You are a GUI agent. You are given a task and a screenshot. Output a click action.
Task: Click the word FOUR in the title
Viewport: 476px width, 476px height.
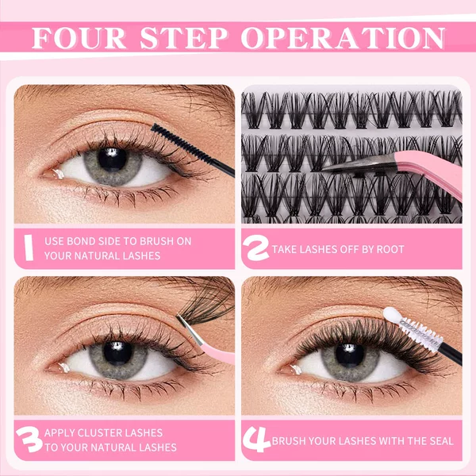pyautogui.click(x=79, y=38)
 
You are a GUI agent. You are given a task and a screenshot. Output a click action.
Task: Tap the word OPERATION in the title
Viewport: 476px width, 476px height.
pyautogui.click(x=344, y=38)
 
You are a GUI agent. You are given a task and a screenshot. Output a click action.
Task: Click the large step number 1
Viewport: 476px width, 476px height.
pyautogui.click(x=29, y=248)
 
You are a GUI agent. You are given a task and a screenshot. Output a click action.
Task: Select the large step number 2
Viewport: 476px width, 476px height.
pyautogui.click(x=256, y=248)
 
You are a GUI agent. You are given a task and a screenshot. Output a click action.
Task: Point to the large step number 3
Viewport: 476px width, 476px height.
pyautogui.click(x=29, y=440)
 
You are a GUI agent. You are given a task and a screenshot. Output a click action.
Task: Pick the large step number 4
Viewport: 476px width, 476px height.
pyautogui.click(x=256, y=440)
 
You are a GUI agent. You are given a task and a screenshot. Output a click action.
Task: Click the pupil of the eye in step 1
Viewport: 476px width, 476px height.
pyautogui.click(x=112, y=159)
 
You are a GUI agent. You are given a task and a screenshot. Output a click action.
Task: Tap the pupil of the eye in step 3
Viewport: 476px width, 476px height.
pyautogui.click(x=117, y=353)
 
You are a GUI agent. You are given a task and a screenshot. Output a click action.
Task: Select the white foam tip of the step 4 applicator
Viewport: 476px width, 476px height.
pyautogui.click(x=392, y=315)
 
